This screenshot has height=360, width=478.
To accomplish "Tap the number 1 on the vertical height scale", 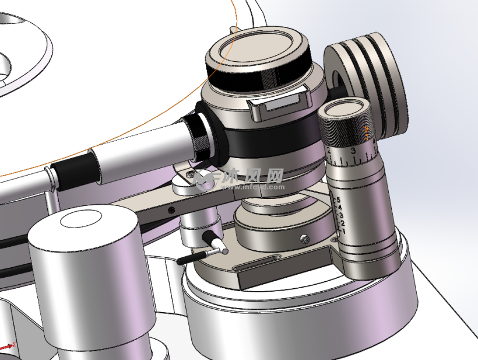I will (x=342, y=231).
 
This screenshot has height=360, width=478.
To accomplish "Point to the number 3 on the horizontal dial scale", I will (x=353, y=151).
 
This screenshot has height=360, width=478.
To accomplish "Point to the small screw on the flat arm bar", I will (x=171, y=209).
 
